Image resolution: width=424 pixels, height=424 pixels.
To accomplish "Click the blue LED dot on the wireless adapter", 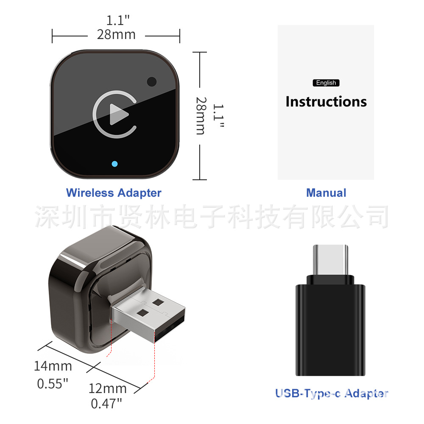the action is click(x=114, y=164).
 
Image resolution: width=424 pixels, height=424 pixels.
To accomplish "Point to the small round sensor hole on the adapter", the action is click(x=151, y=81).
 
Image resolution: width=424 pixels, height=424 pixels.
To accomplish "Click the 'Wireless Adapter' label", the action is click(x=114, y=193).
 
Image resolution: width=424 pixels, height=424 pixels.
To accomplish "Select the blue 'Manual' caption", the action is click(x=326, y=193).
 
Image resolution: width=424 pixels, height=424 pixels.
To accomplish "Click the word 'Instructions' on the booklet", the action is click(x=326, y=102).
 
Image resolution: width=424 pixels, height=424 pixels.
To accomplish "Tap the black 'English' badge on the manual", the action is click(x=326, y=83).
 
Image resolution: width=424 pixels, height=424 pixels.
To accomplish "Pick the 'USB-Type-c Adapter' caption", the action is click(x=332, y=393).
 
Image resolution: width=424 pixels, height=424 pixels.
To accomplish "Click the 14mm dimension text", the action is click(x=53, y=366).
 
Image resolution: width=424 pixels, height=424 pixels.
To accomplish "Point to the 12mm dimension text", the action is click(x=108, y=388).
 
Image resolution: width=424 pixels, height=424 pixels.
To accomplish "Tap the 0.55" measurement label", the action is click(x=53, y=384).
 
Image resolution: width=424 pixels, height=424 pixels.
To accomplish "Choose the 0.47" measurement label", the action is click(x=106, y=404).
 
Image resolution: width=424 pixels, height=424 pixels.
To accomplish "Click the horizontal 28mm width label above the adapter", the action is click(x=116, y=35).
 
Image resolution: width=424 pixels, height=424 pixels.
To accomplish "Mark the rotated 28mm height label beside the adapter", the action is click(x=201, y=116).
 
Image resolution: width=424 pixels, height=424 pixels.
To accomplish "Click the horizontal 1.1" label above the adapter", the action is click(x=118, y=20).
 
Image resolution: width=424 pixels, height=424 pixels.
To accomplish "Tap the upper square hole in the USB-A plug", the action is click(x=158, y=303).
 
